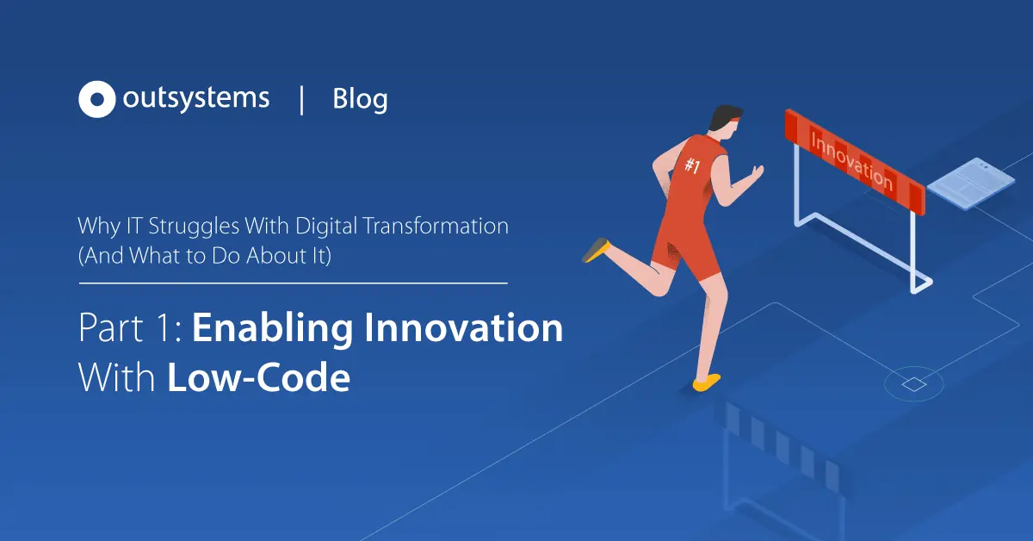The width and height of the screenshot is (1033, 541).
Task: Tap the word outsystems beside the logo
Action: coord(196,98)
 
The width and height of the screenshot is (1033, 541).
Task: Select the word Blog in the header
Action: coord(360,99)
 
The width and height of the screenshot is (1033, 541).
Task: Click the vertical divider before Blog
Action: coord(301,100)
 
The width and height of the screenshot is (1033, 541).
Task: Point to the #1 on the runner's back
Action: coord(692,165)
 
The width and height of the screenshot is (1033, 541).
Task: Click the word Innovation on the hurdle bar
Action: coord(851,162)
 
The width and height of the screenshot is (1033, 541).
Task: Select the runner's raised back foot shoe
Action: coord(597,250)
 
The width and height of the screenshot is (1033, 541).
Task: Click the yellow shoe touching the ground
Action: coord(707,382)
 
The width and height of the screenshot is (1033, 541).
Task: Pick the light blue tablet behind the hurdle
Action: coord(970,183)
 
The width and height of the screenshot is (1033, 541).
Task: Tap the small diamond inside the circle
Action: coord(914,384)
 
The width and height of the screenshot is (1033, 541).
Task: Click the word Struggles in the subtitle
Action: coord(195,227)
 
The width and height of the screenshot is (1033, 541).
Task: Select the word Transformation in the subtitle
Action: coord(436,227)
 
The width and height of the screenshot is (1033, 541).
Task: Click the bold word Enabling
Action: coord(273,329)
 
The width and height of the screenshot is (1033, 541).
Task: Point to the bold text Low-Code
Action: coord(259,377)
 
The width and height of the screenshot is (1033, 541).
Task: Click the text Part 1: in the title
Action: coord(132,327)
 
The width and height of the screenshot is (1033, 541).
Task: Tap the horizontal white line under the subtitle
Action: coord(294,283)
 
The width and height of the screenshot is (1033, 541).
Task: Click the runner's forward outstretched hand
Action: coord(757,172)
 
